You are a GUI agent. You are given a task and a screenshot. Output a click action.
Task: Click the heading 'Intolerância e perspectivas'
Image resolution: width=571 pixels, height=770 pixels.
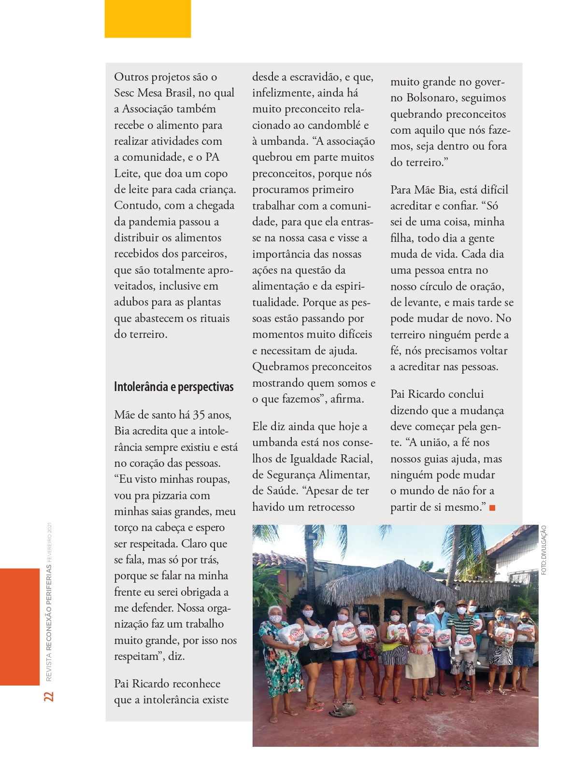[173, 387]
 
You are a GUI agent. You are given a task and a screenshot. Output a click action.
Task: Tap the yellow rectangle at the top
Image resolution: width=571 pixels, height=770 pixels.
[147, 18]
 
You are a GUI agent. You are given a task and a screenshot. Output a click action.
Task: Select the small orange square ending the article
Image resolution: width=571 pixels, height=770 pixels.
[492, 508]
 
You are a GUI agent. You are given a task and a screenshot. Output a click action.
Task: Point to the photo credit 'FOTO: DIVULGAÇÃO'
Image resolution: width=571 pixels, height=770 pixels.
[544, 550]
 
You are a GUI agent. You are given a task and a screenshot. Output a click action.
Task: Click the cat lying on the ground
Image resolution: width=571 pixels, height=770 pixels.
[343, 710]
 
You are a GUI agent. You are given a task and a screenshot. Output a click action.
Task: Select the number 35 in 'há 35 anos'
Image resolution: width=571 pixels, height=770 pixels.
[199, 415]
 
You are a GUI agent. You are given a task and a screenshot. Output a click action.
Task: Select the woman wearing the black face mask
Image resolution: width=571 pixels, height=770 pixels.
[524, 642]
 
